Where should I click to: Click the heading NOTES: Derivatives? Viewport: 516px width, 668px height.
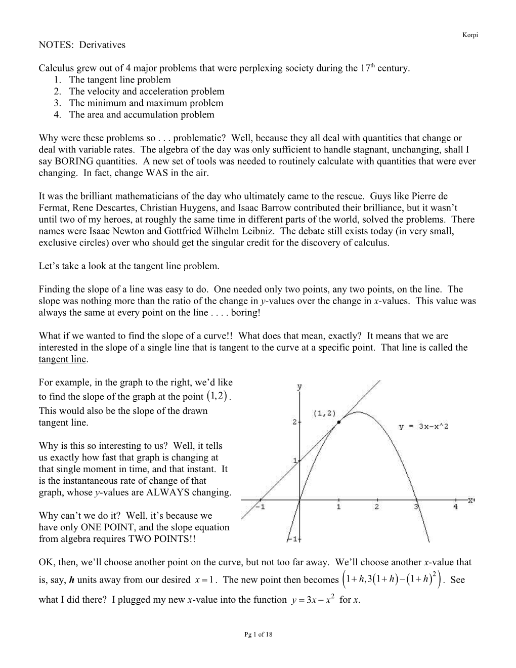coord(82,45)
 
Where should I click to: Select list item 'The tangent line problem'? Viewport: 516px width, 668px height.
coord(120,79)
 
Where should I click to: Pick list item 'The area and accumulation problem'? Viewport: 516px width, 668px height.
coord(141,114)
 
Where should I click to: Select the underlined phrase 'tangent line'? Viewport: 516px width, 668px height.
coord(63,359)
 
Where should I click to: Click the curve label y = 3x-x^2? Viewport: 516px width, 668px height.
coord(423,427)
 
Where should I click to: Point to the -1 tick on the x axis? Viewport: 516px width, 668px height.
coord(261,507)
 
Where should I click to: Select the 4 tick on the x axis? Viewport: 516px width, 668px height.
coord(455,507)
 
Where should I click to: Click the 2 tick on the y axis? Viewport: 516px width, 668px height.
coord(294,422)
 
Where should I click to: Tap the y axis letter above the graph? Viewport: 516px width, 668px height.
coord(299,387)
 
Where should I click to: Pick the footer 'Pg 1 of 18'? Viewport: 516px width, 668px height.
coord(258,635)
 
